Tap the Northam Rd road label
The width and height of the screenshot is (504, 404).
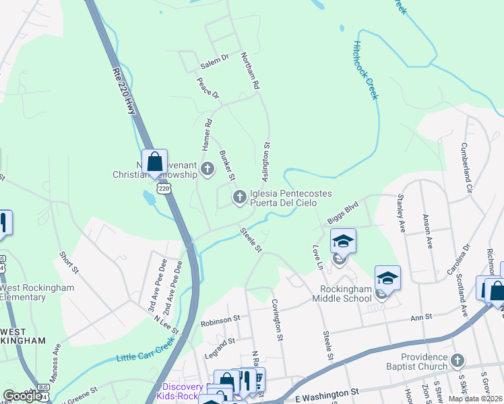(x=249, y=72)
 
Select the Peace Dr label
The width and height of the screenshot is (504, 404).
(x=208, y=88)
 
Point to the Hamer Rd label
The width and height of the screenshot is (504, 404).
(x=208, y=134)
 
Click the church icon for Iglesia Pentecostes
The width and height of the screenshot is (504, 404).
(x=239, y=197)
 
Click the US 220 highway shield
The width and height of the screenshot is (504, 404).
(x=164, y=189)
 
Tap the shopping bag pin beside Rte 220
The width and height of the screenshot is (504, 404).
(x=154, y=162)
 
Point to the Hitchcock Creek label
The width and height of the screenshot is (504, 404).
(x=366, y=69)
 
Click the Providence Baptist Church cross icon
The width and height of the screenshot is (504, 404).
(x=457, y=361)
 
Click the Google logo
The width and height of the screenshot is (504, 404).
(x=22, y=396)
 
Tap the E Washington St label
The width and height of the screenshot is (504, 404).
(x=327, y=391)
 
